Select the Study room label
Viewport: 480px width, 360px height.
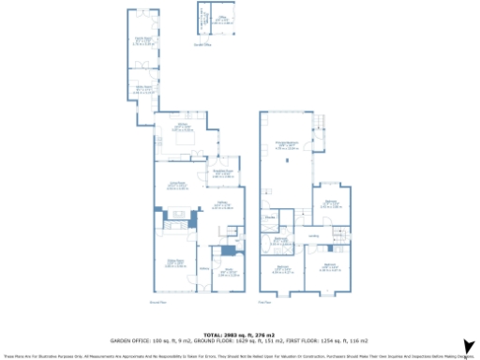point(225,273)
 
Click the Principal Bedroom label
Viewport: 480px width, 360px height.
point(287,144)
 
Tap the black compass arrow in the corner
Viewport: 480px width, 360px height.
point(465,348)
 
